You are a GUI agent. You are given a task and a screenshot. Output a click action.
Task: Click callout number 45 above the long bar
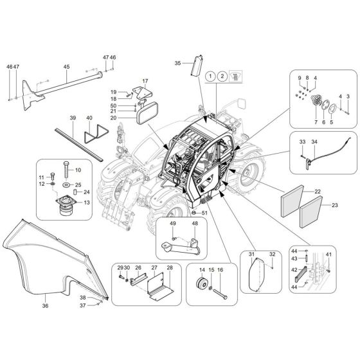click(x=66, y=67)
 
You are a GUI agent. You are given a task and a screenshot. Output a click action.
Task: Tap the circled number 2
click(x=222, y=76)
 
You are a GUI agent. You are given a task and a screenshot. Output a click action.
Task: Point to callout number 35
click(x=178, y=63)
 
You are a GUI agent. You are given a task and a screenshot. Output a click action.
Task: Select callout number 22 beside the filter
click(x=318, y=192)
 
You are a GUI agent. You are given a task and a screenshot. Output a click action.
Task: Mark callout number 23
click(x=334, y=205)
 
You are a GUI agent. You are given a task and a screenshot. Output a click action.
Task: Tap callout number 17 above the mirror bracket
click(x=145, y=82)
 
